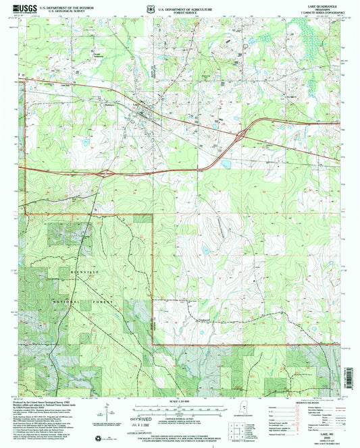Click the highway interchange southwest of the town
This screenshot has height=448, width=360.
point(107,173)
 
